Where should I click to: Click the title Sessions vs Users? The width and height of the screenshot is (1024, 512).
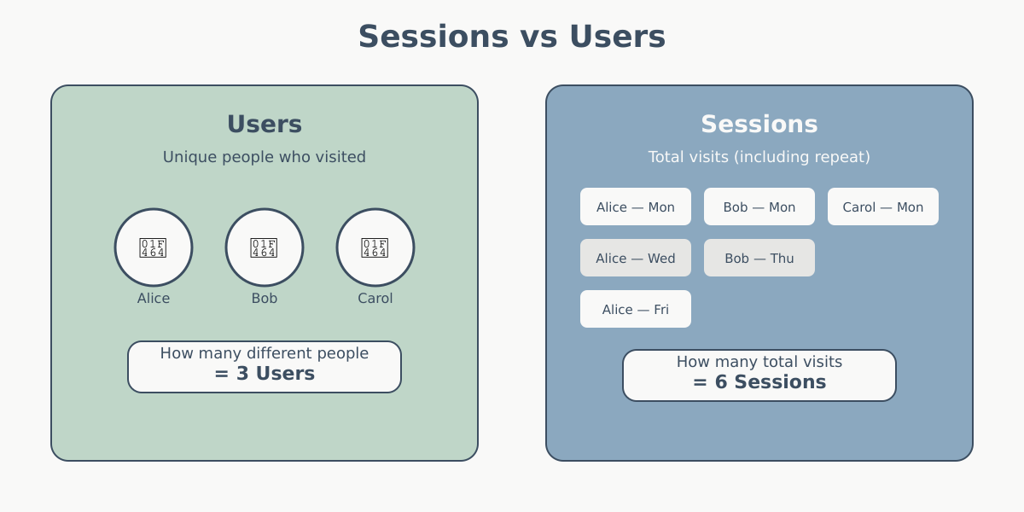(511, 37)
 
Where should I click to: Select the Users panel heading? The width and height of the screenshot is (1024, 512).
(265, 125)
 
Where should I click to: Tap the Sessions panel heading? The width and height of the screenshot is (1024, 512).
(759, 125)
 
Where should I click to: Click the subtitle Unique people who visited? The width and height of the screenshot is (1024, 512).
(265, 157)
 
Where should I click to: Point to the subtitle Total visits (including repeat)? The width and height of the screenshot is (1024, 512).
(759, 157)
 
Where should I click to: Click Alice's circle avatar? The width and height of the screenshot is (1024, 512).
(154, 247)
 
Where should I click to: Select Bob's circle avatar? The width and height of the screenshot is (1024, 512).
(265, 247)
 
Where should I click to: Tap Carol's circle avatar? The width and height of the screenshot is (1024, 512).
(375, 247)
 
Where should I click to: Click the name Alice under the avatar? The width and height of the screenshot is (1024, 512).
(154, 299)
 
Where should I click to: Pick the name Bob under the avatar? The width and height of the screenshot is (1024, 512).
(265, 299)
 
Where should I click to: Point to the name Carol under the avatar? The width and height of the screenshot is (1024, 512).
(375, 299)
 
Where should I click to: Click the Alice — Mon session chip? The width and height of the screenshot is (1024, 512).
(636, 207)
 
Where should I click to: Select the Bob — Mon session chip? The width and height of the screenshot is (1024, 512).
(759, 207)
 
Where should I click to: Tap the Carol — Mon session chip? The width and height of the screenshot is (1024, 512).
(883, 207)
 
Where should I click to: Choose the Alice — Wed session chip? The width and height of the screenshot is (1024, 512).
(636, 258)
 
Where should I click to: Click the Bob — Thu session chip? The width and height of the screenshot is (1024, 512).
(759, 258)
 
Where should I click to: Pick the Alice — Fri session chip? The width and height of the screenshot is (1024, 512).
(636, 309)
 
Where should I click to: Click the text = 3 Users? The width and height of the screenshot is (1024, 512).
(265, 374)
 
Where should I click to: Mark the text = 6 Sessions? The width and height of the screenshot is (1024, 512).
(759, 382)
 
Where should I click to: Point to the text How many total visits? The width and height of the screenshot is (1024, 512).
(759, 362)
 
